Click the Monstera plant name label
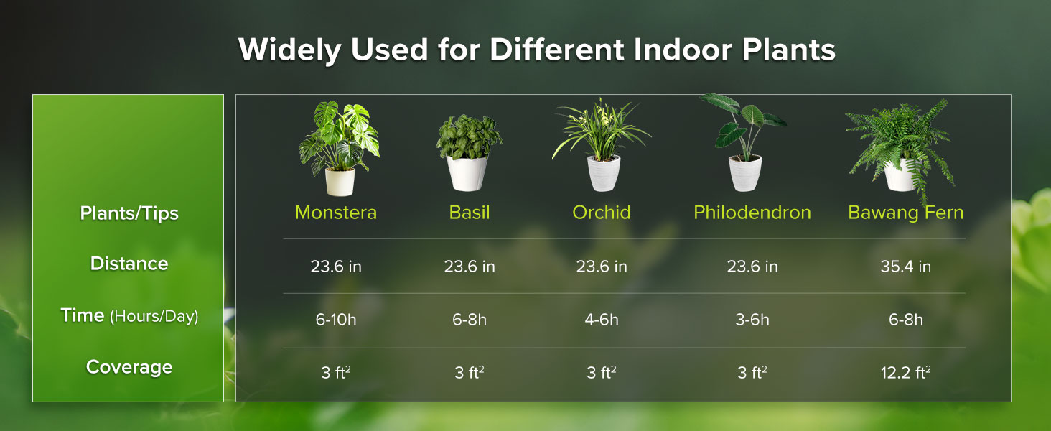[x=335, y=213]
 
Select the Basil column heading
[x=470, y=213]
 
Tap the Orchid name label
[x=602, y=213]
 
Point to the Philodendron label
[x=752, y=213]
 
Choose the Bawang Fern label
[x=905, y=213]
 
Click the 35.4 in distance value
[x=905, y=267]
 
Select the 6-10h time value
[x=335, y=320]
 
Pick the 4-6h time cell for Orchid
[x=602, y=320]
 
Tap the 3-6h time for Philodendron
[x=752, y=320]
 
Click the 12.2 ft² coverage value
[x=905, y=373]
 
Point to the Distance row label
[x=129, y=264]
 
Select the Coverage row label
[x=129, y=367]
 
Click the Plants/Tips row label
[x=129, y=213]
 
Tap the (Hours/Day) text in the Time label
[x=154, y=316]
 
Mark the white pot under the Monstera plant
[x=340, y=182]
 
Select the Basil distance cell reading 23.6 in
[x=470, y=267]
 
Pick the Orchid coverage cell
[x=602, y=373]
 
